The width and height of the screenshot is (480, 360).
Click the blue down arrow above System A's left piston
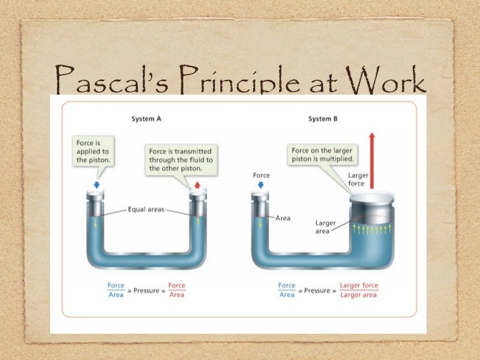(97, 185)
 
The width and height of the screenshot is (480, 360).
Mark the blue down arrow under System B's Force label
(260, 186)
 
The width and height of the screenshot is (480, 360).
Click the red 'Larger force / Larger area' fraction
(358, 289)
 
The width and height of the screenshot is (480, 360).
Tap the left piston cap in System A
(97, 196)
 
